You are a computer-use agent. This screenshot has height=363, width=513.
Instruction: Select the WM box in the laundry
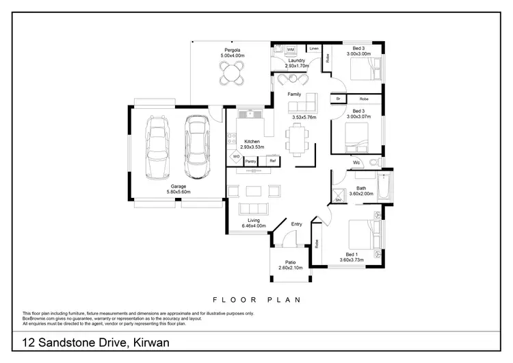click(290, 50)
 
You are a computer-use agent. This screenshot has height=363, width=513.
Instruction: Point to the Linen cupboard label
click(314, 49)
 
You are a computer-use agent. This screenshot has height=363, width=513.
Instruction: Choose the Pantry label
click(250, 161)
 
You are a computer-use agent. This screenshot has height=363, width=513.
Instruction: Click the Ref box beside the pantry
click(272, 161)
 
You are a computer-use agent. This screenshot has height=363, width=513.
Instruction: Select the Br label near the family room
click(337, 99)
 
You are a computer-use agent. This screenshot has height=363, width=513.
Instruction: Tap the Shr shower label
click(338, 201)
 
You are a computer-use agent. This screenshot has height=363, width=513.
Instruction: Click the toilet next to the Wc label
click(373, 162)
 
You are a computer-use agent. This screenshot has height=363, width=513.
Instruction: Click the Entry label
click(297, 224)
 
